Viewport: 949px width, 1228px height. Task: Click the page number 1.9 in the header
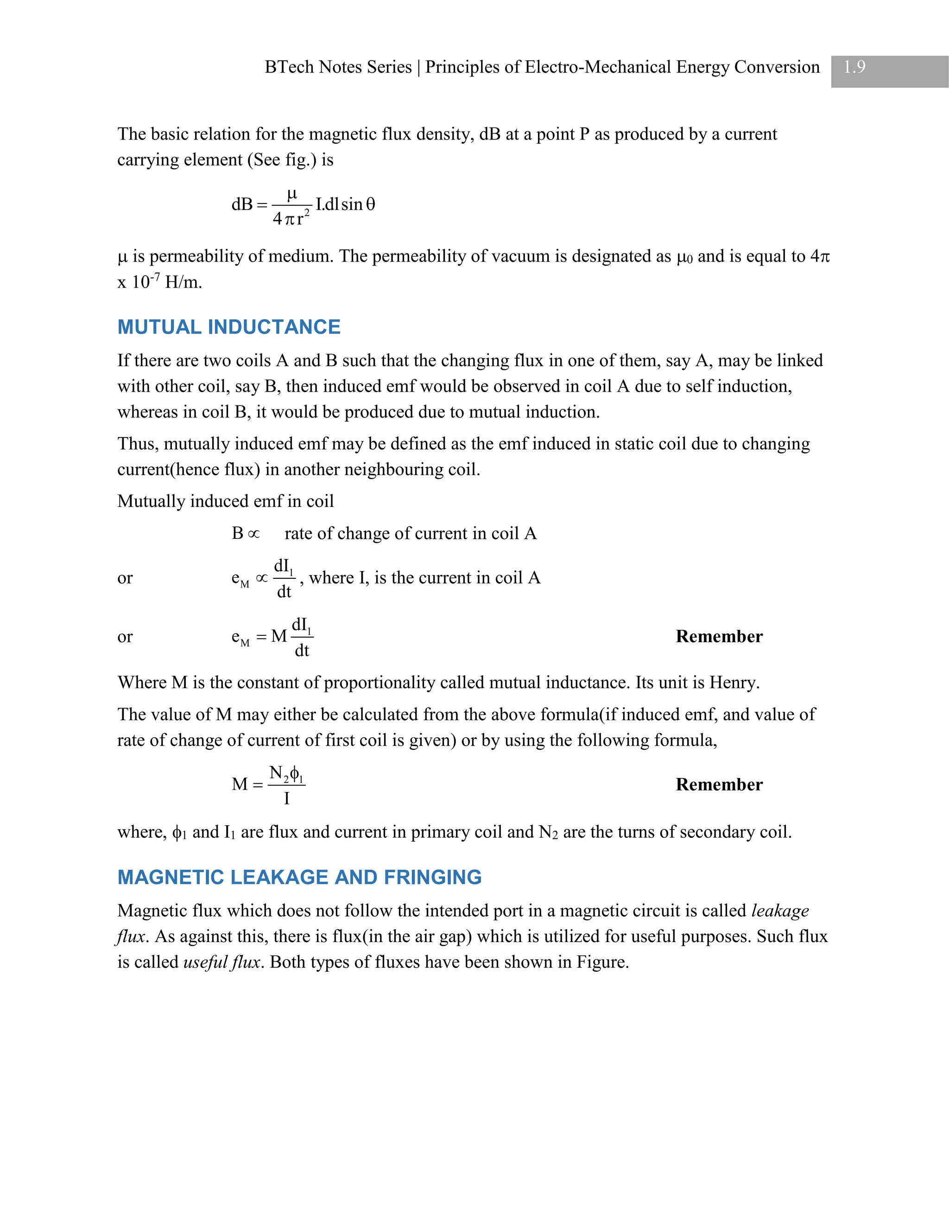point(854,68)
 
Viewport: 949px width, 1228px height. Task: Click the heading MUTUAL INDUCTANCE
point(229,327)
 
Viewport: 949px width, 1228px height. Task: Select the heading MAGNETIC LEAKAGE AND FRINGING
point(299,877)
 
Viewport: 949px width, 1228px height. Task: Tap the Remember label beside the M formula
point(719,785)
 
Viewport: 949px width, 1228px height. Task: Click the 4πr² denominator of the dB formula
point(291,218)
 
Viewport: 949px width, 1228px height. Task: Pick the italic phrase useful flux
point(222,962)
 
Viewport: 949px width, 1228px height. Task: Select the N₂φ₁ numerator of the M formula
point(286,774)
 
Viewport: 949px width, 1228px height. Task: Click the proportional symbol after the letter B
point(254,533)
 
